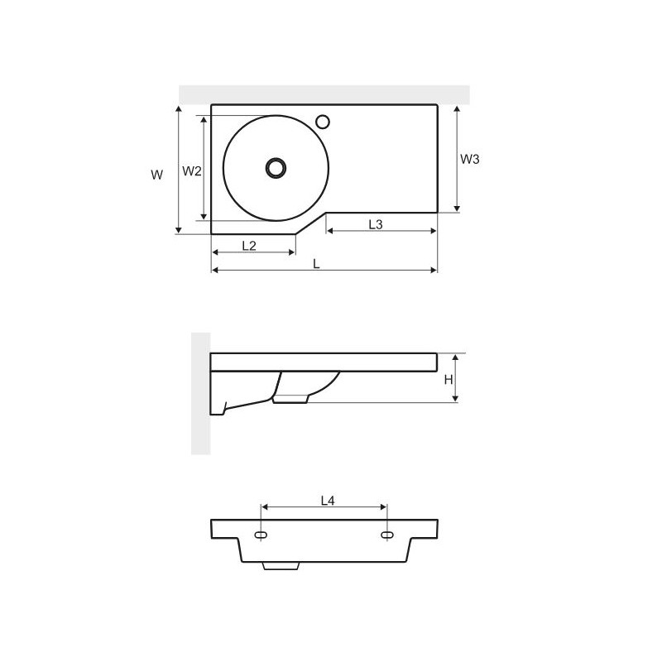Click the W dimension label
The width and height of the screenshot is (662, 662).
(156, 175)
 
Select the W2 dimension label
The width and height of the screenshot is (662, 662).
(192, 171)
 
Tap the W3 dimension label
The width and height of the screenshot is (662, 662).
(469, 159)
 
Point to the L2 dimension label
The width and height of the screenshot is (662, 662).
(249, 245)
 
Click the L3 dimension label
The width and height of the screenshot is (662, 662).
(376, 224)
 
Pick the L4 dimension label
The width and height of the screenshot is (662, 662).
(328, 501)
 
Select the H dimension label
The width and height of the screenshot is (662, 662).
(449, 380)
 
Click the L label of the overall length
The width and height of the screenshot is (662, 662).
(316, 264)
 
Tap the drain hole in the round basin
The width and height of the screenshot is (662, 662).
(276, 168)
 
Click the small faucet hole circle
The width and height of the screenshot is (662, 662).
(323, 122)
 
